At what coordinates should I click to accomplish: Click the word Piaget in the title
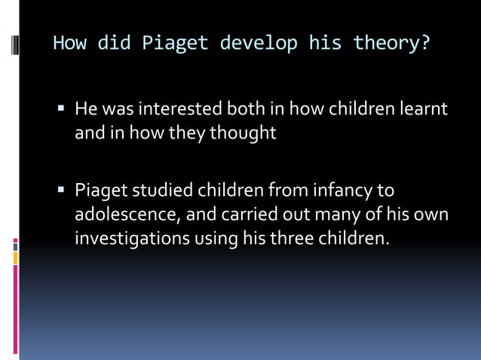click(175, 43)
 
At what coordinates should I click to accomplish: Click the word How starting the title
click(69, 43)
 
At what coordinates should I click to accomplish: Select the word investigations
click(132, 239)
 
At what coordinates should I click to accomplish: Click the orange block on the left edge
click(15, 258)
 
